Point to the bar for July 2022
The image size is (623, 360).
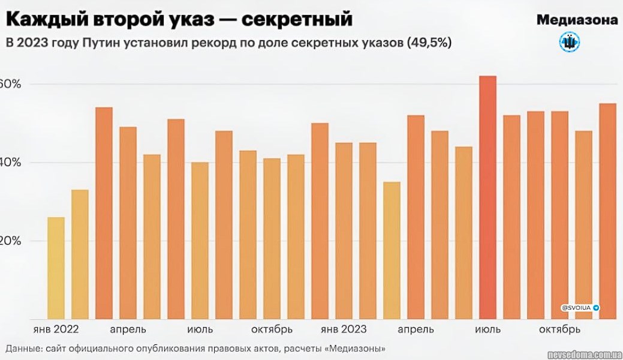tap(200, 241)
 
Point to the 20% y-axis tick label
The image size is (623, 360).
tap(10, 241)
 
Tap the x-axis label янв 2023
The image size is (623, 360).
tap(343, 329)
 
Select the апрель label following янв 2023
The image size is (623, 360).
tap(416, 329)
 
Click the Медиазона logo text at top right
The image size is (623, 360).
tap(577, 20)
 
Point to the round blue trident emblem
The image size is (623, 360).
tap(569, 42)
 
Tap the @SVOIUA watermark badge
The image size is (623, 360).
tap(580, 307)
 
